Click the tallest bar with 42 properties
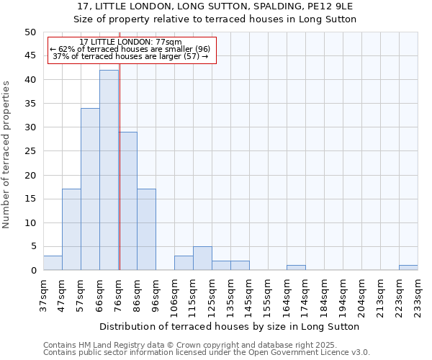point(109,170)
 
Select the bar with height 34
point(90,189)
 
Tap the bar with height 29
point(128,201)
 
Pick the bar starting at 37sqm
point(53,263)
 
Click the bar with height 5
point(202,258)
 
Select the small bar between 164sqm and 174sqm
point(296,268)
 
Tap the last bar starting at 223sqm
point(408,268)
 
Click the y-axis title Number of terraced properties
point(6,154)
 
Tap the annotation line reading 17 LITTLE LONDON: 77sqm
point(130,42)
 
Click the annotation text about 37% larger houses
point(130,56)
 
